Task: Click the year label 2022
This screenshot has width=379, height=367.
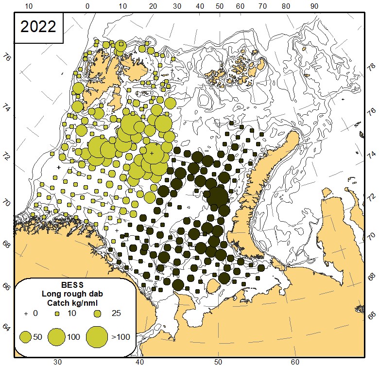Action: [x=38, y=27]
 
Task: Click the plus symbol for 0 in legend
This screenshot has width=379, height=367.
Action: [x=26, y=314]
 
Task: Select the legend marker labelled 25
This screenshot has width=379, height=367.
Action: [x=97, y=314]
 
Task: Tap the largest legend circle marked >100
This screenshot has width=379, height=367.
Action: [x=97, y=336]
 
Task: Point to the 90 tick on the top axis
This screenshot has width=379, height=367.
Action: [x=314, y=6]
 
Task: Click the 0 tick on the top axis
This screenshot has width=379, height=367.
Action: [x=87, y=6]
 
